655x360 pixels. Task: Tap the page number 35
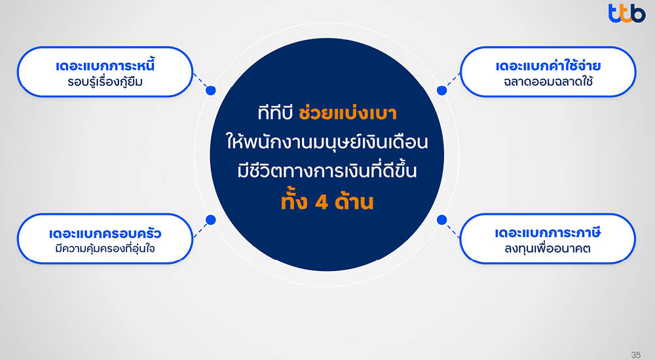pyautogui.click(x=635, y=354)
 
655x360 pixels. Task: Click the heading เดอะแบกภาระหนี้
pyautogui.click(x=105, y=66)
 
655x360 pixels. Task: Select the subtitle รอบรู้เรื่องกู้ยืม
pyautogui.click(x=105, y=82)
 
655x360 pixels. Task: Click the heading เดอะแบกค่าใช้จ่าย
pyautogui.click(x=548, y=66)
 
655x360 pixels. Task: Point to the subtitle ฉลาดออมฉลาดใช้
pyautogui.click(x=548, y=82)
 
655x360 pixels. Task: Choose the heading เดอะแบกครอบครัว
pyautogui.click(x=105, y=233)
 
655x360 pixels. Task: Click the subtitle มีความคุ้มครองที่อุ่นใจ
pyautogui.click(x=105, y=249)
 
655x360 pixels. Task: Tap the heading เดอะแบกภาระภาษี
pyautogui.click(x=548, y=233)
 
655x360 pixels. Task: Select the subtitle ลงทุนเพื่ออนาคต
pyautogui.click(x=548, y=249)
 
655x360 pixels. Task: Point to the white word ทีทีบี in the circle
pyautogui.click(x=274, y=113)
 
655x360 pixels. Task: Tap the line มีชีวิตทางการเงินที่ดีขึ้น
pyautogui.click(x=326, y=172)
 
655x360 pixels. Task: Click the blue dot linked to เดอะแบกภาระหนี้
pyautogui.click(x=210, y=91)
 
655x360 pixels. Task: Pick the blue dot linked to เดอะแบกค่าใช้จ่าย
pyautogui.click(x=441, y=91)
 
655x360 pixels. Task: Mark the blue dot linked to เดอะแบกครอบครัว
pyautogui.click(x=210, y=219)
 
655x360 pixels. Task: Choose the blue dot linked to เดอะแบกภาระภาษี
pyautogui.click(x=441, y=219)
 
